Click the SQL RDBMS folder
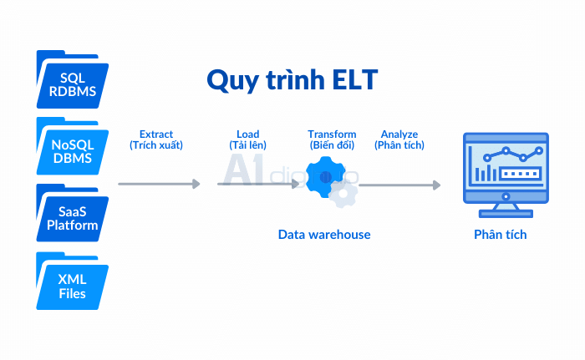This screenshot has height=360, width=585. click(x=73, y=80)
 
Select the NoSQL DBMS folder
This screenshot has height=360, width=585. click(x=73, y=148)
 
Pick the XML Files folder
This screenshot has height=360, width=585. click(x=73, y=283)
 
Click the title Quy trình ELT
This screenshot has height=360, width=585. click(x=292, y=79)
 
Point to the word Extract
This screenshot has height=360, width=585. click(x=156, y=134)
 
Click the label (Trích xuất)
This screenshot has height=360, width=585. click(x=156, y=145)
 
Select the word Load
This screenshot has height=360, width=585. click(x=247, y=134)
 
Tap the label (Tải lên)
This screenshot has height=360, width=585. click(x=247, y=145)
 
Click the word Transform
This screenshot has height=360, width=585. click(x=332, y=134)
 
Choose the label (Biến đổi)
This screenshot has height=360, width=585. click(x=332, y=145)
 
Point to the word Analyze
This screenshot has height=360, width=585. click(x=399, y=134)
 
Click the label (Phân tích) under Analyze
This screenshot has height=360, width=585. click(x=399, y=145)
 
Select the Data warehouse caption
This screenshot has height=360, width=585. click(x=324, y=235)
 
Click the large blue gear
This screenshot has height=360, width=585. click(x=325, y=177)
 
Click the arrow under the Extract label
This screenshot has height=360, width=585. click(x=159, y=184)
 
